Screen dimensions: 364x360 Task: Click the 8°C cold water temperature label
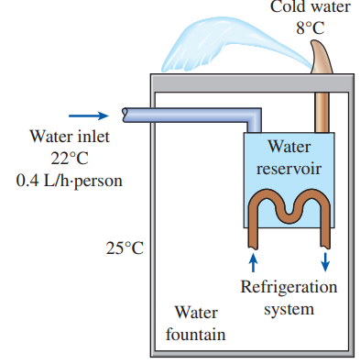coord(310,28)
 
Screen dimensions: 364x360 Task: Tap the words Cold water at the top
coord(310,8)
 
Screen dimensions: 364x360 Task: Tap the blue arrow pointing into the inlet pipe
coord(88,116)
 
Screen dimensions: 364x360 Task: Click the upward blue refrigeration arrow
coord(254,262)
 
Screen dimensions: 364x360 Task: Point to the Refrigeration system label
coord(289,297)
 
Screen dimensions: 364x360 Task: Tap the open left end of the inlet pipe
coord(125,116)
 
